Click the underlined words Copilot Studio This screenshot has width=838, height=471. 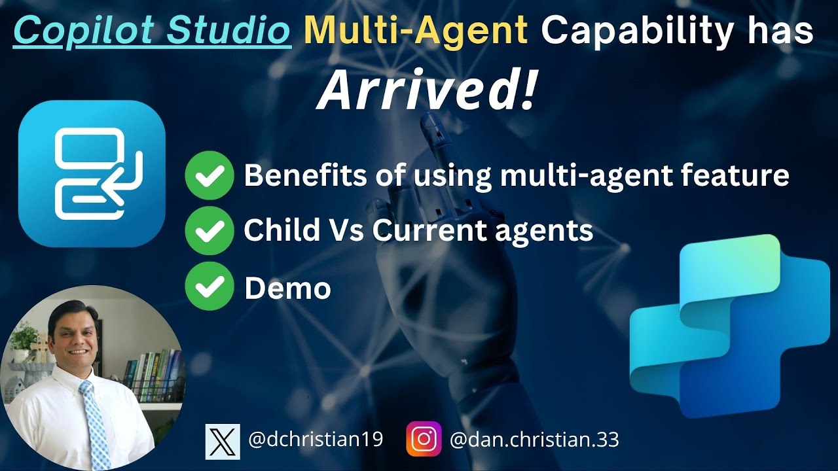[x=152, y=30]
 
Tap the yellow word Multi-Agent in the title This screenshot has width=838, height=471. [x=416, y=30]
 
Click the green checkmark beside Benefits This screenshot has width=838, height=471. [x=209, y=175]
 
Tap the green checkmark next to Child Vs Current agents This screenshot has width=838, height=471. [x=209, y=230]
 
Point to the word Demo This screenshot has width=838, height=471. [x=287, y=287]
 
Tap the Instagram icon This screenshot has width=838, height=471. [x=424, y=439]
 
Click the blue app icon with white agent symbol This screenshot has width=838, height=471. [x=92, y=173]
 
